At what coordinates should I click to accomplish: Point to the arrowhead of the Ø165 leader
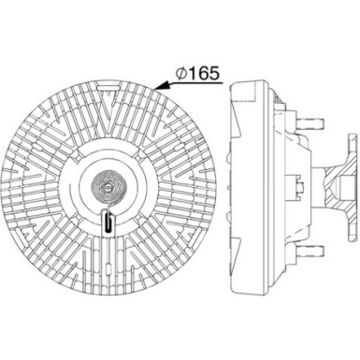click(158, 87)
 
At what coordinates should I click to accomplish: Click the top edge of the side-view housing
click(251, 80)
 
